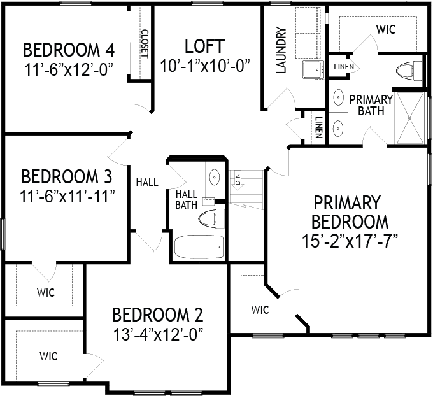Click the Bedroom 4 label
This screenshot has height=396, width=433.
pyautogui.click(x=69, y=50)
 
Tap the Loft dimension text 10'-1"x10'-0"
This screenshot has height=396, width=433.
pyautogui.click(x=204, y=66)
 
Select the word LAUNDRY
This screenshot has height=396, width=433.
pyautogui.click(x=281, y=50)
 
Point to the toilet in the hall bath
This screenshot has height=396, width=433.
pyautogui.click(x=211, y=219)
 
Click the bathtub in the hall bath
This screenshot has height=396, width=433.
pyautogui.click(x=199, y=246)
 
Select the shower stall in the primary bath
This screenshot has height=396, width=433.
pyautogui.click(x=410, y=118)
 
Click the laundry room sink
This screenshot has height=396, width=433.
pyautogui.click(x=313, y=70)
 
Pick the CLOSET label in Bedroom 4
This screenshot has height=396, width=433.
pyautogui.click(x=145, y=44)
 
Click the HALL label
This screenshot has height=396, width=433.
pyautogui.click(x=148, y=182)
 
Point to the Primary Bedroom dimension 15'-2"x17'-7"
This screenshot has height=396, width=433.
pyautogui.click(x=350, y=241)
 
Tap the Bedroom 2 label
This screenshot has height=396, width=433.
pyautogui.click(x=158, y=315)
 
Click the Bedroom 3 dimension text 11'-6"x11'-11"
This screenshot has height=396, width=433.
pyautogui.click(x=67, y=196)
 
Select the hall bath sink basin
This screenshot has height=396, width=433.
pyautogui.click(x=215, y=177)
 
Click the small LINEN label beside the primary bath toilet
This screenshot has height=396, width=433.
pyautogui.click(x=344, y=67)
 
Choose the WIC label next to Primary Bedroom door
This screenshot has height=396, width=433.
pyautogui.click(x=260, y=310)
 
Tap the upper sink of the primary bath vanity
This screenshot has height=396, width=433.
pyautogui.click(x=338, y=97)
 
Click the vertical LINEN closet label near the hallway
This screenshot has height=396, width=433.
pyautogui.click(x=318, y=127)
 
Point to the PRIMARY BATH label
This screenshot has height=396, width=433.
pyautogui.click(x=371, y=105)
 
